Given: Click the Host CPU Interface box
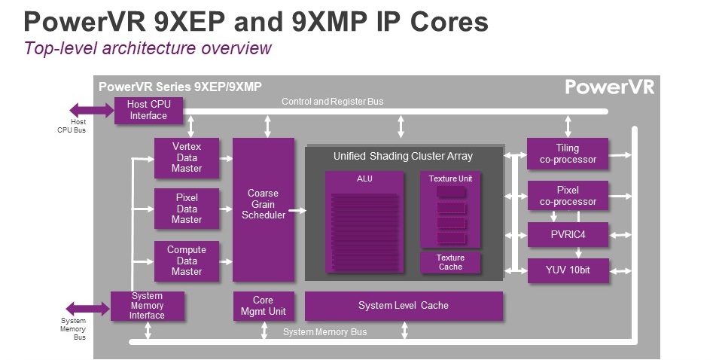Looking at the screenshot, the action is (x=148, y=110).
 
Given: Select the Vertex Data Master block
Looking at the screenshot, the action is (x=187, y=157).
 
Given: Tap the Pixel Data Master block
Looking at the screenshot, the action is (x=187, y=209).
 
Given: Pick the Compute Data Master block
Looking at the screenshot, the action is (x=187, y=261).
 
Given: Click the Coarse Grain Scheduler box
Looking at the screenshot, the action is (x=264, y=209).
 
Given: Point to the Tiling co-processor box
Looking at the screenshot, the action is (x=568, y=154).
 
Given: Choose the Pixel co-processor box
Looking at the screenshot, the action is (x=568, y=196).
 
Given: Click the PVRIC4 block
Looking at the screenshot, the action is (x=568, y=235).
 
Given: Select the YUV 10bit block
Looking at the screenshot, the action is (x=568, y=270).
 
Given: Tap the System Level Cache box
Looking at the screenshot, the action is (x=404, y=306).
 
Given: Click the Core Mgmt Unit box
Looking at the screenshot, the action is (x=264, y=306).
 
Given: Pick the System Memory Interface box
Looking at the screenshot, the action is (x=148, y=306).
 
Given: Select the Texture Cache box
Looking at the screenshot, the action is (x=450, y=262).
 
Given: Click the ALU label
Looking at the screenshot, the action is (x=364, y=178).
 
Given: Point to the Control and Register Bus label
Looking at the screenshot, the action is (x=333, y=101).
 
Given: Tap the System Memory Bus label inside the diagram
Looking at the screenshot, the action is (x=325, y=332).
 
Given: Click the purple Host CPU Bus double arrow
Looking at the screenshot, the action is (x=92, y=111).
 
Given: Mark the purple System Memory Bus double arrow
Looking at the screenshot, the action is (x=88, y=309).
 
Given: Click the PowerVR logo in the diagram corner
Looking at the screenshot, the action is (x=610, y=87).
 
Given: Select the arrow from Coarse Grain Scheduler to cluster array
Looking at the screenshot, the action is (x=297, y=210).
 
